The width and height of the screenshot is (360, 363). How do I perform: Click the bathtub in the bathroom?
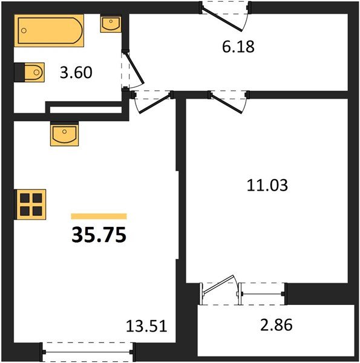49,31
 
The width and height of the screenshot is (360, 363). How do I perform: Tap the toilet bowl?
34,72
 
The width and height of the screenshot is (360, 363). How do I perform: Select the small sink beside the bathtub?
111,24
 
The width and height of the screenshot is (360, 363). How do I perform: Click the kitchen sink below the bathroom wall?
64,135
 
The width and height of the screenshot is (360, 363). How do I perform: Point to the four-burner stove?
31,204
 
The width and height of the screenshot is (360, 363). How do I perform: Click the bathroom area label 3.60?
76,73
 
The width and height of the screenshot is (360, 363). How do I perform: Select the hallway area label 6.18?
238,47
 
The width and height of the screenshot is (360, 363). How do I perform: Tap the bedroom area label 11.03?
267,185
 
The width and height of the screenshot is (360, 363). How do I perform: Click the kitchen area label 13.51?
146,326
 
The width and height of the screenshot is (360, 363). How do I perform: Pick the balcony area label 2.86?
277,325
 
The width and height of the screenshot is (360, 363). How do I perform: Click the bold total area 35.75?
99,235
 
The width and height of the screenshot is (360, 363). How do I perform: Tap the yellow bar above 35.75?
99,216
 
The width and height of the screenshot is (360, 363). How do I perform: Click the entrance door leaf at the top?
222,19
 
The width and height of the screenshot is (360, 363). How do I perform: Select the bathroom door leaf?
134,68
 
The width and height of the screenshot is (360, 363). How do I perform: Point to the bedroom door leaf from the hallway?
226,103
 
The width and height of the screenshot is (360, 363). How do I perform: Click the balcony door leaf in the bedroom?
218,285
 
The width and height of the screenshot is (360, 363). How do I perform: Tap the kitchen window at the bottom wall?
88,352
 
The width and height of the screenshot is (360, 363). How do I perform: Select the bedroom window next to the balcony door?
263,294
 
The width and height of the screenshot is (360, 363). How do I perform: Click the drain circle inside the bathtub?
24,30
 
